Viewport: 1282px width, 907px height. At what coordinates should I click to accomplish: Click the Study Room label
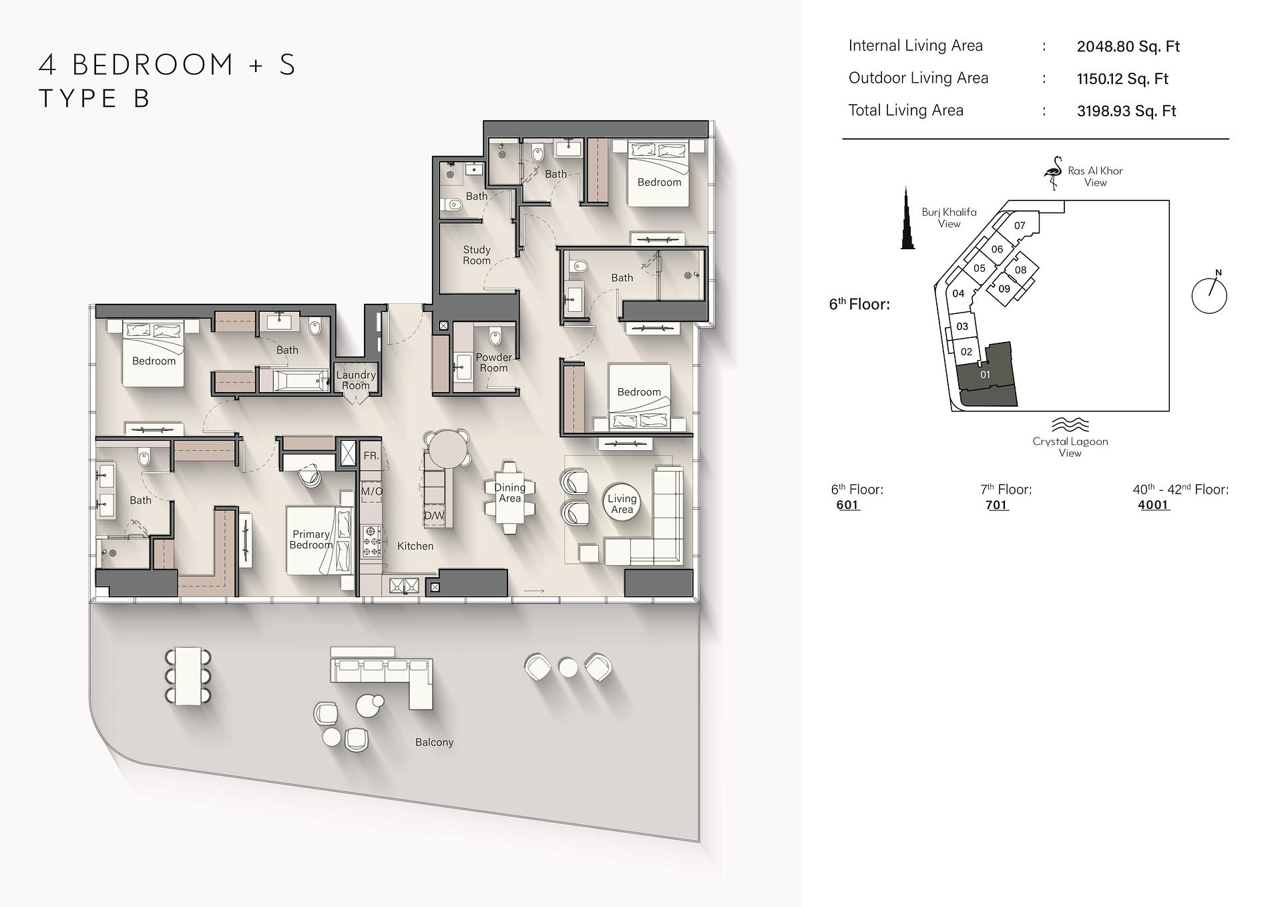pos(477,255)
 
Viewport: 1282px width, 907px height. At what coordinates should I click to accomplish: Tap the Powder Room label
pos(493,363)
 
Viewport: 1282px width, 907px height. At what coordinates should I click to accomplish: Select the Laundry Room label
pos(356,380)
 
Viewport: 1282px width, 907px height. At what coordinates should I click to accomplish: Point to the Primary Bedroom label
pos(311,540)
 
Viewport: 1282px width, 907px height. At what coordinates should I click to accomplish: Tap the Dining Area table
pos(509,498)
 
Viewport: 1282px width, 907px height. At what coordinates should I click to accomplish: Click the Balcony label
pos(434,742)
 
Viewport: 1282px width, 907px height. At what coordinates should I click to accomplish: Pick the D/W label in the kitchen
pos(434,516)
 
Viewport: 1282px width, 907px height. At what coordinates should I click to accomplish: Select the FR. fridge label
pos(371,456)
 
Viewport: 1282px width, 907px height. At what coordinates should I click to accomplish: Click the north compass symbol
pos(1209,294)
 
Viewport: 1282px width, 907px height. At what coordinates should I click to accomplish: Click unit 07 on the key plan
pos(1020,225)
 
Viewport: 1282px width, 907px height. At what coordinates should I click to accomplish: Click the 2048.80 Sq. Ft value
pos(1128,47)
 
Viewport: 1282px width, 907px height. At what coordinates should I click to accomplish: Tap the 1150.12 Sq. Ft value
pos(1122,79)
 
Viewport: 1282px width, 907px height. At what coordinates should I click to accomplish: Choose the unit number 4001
pos(1154,505)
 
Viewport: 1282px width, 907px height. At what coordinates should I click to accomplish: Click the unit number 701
pos(997,505)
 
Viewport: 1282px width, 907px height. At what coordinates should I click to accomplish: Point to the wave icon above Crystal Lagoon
pos(1070,425)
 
